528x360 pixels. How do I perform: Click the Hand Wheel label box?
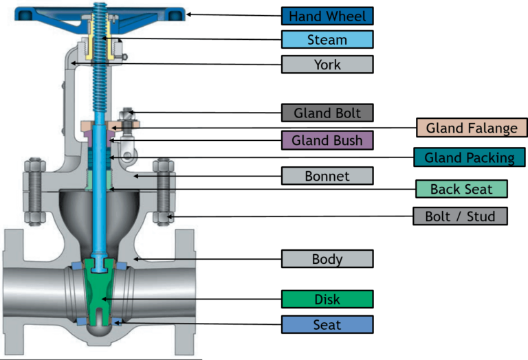[327, 16]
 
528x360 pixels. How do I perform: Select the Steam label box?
[327, 40]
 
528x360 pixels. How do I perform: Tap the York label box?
[327, 65]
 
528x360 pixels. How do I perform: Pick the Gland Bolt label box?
[327, 113]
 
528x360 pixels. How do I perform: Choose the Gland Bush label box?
[327, 140]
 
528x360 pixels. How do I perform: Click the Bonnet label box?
[327, 176]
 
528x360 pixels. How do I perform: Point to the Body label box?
[327, 259]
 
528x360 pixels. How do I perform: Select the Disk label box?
[327, 300]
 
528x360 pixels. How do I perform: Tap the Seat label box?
[327, 324]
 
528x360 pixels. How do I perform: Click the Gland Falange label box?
[472, 128]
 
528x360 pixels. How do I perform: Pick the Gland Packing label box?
[470, 157]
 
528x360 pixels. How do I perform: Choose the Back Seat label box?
[461, 189]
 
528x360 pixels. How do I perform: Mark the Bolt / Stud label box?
[460, 216]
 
